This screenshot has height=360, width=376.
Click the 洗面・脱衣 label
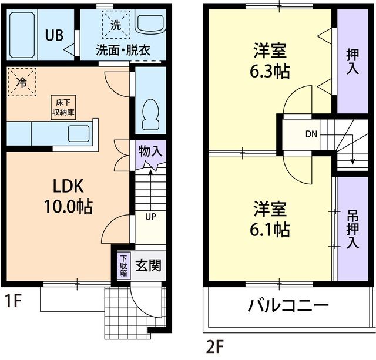tap(123, 50)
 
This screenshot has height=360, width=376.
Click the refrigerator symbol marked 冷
tap(22, 82)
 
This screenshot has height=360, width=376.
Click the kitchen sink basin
tap(78, 134)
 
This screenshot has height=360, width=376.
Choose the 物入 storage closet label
tap(150, 151)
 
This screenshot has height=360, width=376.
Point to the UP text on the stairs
tap(150, 217)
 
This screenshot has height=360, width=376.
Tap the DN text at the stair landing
tap(311, 133)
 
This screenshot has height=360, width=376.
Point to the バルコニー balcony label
tap(287, 307)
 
